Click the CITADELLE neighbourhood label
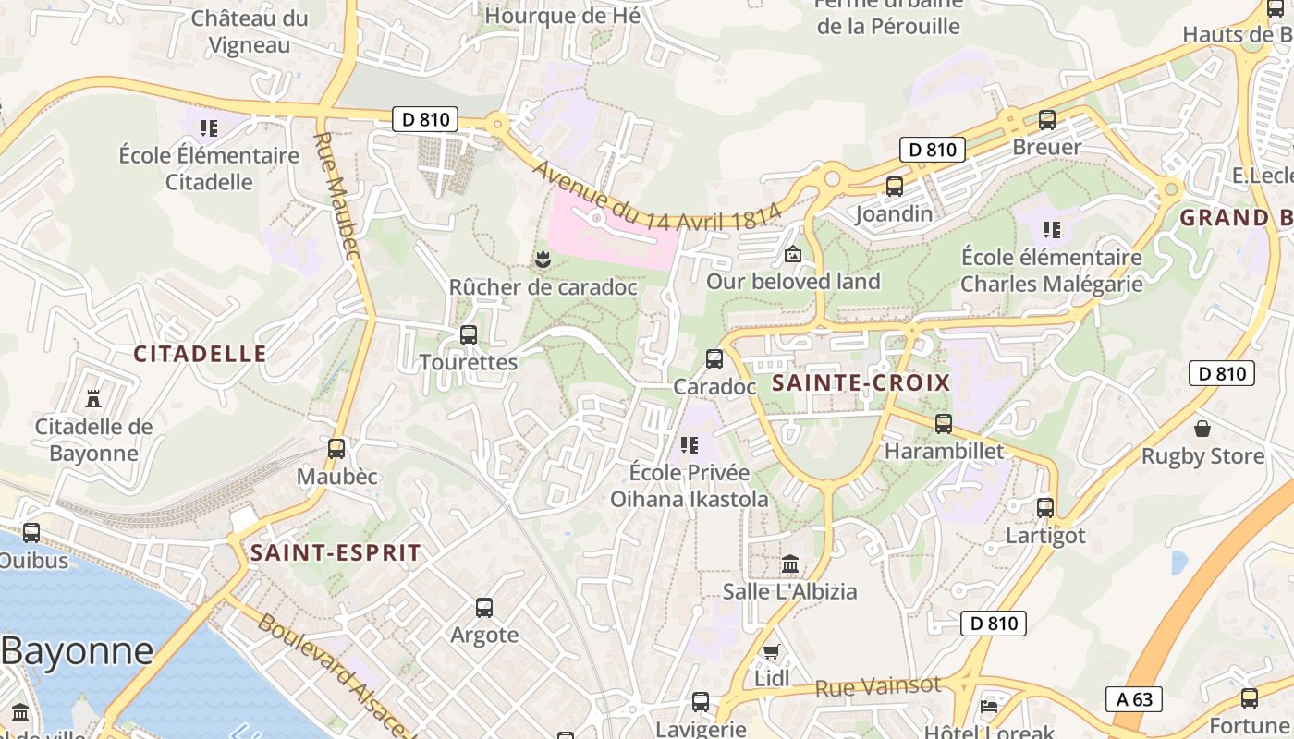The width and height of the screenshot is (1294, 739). [x=200, y=354]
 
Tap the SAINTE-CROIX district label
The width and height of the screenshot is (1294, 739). [x=861, y=383]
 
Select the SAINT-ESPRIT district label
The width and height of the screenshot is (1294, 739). [x=336, y=553]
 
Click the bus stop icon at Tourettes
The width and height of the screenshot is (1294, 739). [x=469, y=335]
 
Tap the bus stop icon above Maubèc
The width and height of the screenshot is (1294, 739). [x=336, y=449]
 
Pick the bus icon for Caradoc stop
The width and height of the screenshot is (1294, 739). [x=714, y=359]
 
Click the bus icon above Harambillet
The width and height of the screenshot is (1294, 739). [x=944, y=424]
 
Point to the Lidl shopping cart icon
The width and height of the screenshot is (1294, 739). [x=772, y=652]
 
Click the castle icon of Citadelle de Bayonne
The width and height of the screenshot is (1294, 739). [x=92, y=399]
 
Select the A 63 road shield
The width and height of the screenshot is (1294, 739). [x=1134, y=699]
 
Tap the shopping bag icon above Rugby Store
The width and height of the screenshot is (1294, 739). [x=1202, y=429]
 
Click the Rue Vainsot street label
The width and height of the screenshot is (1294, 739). [x=877, y=686]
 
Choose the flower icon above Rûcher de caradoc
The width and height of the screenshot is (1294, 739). [x=543, y=260]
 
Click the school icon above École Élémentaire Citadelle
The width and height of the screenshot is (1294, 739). [x=209, y=127]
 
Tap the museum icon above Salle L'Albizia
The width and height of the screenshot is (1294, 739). [x=790, y=563]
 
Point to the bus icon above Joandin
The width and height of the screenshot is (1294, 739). [x=894, y=187]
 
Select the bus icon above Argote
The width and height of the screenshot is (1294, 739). [x=484, y=608]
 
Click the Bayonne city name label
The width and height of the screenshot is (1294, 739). [x=77, y=651]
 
